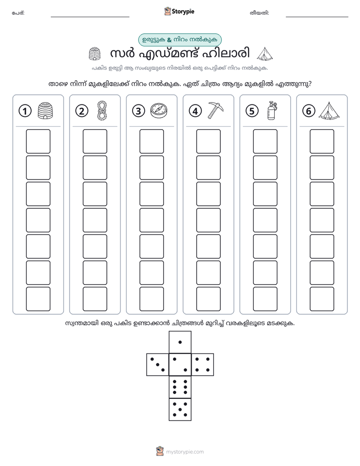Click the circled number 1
(25, 111)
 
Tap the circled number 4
(195, 111)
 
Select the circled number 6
(309, 111)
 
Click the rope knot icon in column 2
(102, 110)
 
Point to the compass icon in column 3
(159, 111)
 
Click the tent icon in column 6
(329, 111)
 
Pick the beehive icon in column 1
(45, 110)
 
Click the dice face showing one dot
(180, 342)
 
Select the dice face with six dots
(180, 387)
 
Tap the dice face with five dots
(180, 410)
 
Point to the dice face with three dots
(157, 365)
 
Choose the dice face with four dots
(203, 365)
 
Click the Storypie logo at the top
(179, 12)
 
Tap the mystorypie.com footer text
(185, 452)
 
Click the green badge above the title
(179, 40)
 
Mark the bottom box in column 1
(38, 299)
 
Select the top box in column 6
(322, 141)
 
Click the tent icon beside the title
(265, 54)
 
